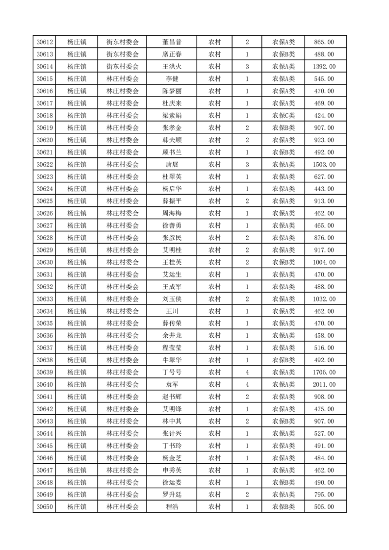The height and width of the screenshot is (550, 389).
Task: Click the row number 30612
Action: tap(45, 42)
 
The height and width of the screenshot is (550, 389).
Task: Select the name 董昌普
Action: tap(172, 42)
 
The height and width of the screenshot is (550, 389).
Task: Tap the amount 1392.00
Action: tap(324, 67)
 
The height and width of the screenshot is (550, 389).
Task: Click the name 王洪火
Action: tap(172, 67)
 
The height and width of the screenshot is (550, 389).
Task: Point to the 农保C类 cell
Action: tap(284, 116)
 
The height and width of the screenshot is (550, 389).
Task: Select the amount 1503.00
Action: tap(324, 165)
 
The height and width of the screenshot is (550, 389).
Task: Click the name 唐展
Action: tap(172, 165)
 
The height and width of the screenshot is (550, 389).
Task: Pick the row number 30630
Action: tap(45, 262)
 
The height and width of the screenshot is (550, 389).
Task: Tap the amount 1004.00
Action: tap(324, 262)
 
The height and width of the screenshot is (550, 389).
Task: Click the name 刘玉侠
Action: tap(172, 299)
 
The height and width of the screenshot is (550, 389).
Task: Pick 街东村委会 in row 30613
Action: tap(123, 54)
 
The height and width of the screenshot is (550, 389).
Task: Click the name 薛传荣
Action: tap(172, 324)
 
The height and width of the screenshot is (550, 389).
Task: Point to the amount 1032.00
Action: tap(324, 299)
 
